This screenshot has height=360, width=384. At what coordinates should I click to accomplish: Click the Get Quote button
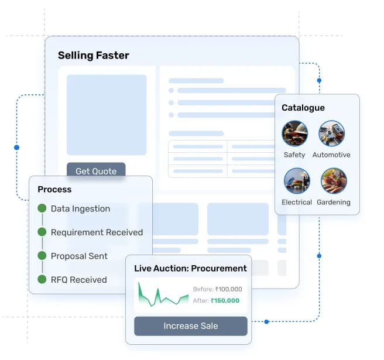[96, 171]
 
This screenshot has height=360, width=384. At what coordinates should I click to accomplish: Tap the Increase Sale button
[190, 326]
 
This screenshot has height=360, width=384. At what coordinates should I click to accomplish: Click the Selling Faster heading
[94, 56]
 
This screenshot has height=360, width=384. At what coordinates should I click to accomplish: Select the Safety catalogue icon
[294, 133]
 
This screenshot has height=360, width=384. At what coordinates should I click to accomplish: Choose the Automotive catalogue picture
[331, 133]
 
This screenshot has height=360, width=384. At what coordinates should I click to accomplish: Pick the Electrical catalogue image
[297, 181]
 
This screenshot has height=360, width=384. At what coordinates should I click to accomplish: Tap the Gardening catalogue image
[334, 181]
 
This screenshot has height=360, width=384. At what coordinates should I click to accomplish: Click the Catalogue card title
[303, 108]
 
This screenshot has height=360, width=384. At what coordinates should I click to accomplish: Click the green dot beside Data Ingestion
[42, 208]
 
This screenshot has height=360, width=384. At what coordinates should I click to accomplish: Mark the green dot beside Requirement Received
[42, 232]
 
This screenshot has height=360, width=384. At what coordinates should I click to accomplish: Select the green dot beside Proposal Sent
[42, 256]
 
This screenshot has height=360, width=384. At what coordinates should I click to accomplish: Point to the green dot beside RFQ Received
[42, 279]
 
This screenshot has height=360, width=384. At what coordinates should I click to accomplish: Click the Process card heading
[54, 189]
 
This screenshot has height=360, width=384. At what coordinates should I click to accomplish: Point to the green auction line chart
[163, 296]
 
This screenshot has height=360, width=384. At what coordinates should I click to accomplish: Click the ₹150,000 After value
[225, 301]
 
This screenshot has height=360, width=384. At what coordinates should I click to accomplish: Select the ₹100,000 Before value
[228, 289]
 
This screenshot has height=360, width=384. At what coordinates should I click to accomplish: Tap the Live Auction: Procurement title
[190, 269]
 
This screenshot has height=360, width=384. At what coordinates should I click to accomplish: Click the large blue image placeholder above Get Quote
[107, 115]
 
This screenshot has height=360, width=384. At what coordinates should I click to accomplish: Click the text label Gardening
[334, 203]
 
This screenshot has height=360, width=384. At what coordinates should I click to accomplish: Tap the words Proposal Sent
[79, 256]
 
